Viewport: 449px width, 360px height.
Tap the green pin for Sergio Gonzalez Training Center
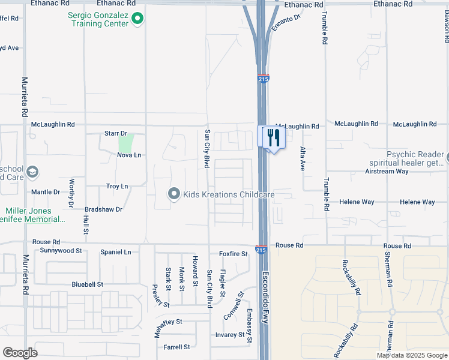coord(137,19)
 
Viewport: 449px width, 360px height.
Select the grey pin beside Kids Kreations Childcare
coord(174,194)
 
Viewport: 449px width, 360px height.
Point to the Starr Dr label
coord(116,133)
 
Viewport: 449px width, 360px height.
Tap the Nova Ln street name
coord(129,155)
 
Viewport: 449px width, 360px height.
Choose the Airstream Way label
coord(387,171)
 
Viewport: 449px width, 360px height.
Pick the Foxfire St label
coord(234,254)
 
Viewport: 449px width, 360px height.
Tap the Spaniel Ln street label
coord(115,252)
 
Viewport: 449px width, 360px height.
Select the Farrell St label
coord(176,347)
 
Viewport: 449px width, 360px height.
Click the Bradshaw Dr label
coord(103,209)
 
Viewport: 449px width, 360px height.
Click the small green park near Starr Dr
coord(125,143)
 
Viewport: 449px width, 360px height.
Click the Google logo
coord(20,353)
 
